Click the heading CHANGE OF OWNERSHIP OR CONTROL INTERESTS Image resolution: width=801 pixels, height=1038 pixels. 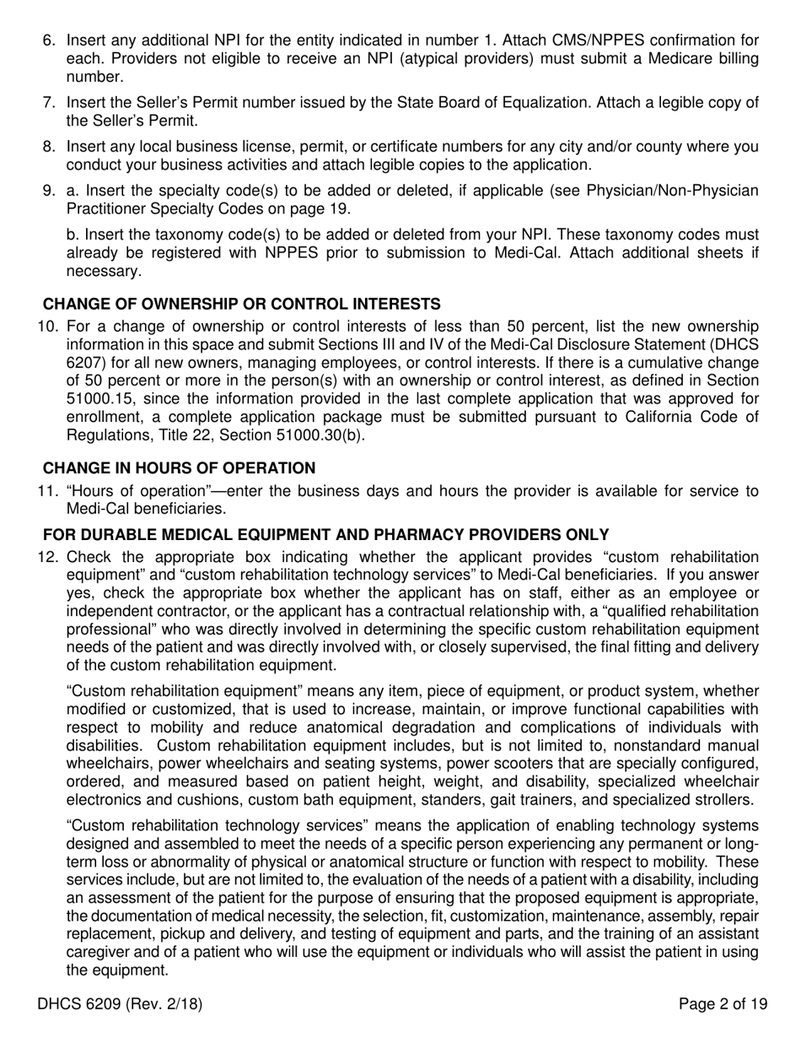pos(241,304)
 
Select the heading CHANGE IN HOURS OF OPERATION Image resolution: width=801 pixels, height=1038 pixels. pos(179,468)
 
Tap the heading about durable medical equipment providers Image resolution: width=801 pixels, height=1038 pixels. pos(325,534)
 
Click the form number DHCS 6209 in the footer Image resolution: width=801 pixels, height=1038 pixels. pos(120,1004)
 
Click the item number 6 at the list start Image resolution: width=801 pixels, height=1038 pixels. pos(48,41)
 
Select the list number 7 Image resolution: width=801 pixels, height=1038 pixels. pos(48,103)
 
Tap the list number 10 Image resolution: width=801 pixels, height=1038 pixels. pos(46,327)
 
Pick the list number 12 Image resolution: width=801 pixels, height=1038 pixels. pos(46,557)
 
